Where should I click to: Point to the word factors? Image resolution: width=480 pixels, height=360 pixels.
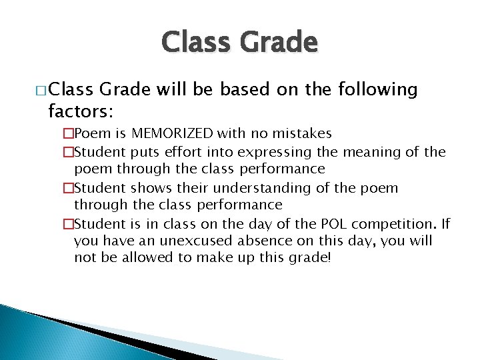[79, 109]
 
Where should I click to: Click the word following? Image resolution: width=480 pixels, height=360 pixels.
[378, 89]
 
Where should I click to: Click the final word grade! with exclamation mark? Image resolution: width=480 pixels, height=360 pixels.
[308, 257]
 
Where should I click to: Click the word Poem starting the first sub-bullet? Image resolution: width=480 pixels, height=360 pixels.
[87, 135]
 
